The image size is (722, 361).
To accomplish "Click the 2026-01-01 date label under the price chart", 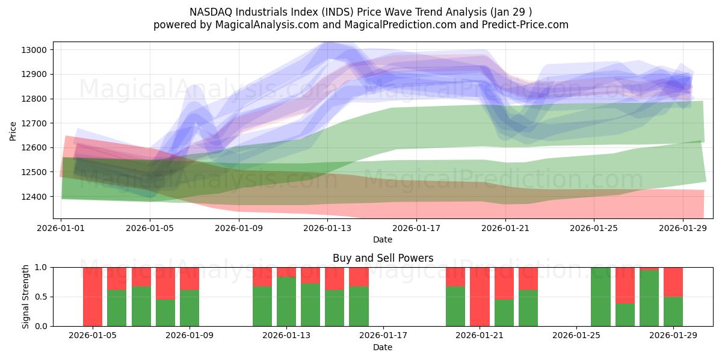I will (61, 228).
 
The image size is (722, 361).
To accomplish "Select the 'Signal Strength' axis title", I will (25, 297).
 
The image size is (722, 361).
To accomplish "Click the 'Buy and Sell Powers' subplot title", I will (383, 258).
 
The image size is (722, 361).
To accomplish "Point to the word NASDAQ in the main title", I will (211, 11).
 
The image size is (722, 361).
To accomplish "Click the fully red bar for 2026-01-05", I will (93, 297).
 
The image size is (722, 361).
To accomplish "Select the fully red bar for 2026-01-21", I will (480, 297).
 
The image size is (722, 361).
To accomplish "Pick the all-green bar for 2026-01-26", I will (600, 297).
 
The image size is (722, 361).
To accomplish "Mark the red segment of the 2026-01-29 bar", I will (673, 282).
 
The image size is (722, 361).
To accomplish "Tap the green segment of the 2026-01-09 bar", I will (190, 308).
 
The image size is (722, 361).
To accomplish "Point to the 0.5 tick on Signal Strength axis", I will (42, 297).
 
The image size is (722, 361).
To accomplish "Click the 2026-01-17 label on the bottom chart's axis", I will (383, 336).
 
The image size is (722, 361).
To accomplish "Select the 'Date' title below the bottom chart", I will (383, 347).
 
